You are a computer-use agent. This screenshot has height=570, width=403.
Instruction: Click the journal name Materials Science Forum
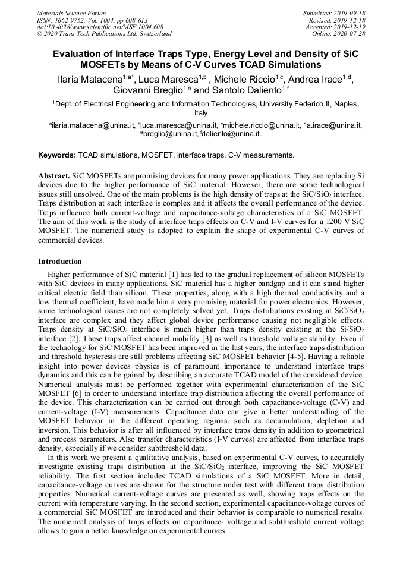pyautogui.click(x=71, y=12)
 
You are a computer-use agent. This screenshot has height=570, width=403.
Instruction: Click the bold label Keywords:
pyautogui.click(x=56, y=155)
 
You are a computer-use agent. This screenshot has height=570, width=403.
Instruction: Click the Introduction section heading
pyautogui.click(x=60, y=262)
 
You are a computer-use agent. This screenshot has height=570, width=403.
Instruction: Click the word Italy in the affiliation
pyautogui.click(x=201, y=112)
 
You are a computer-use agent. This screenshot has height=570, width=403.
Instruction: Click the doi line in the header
pyautogui.click(x=100, y=27)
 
